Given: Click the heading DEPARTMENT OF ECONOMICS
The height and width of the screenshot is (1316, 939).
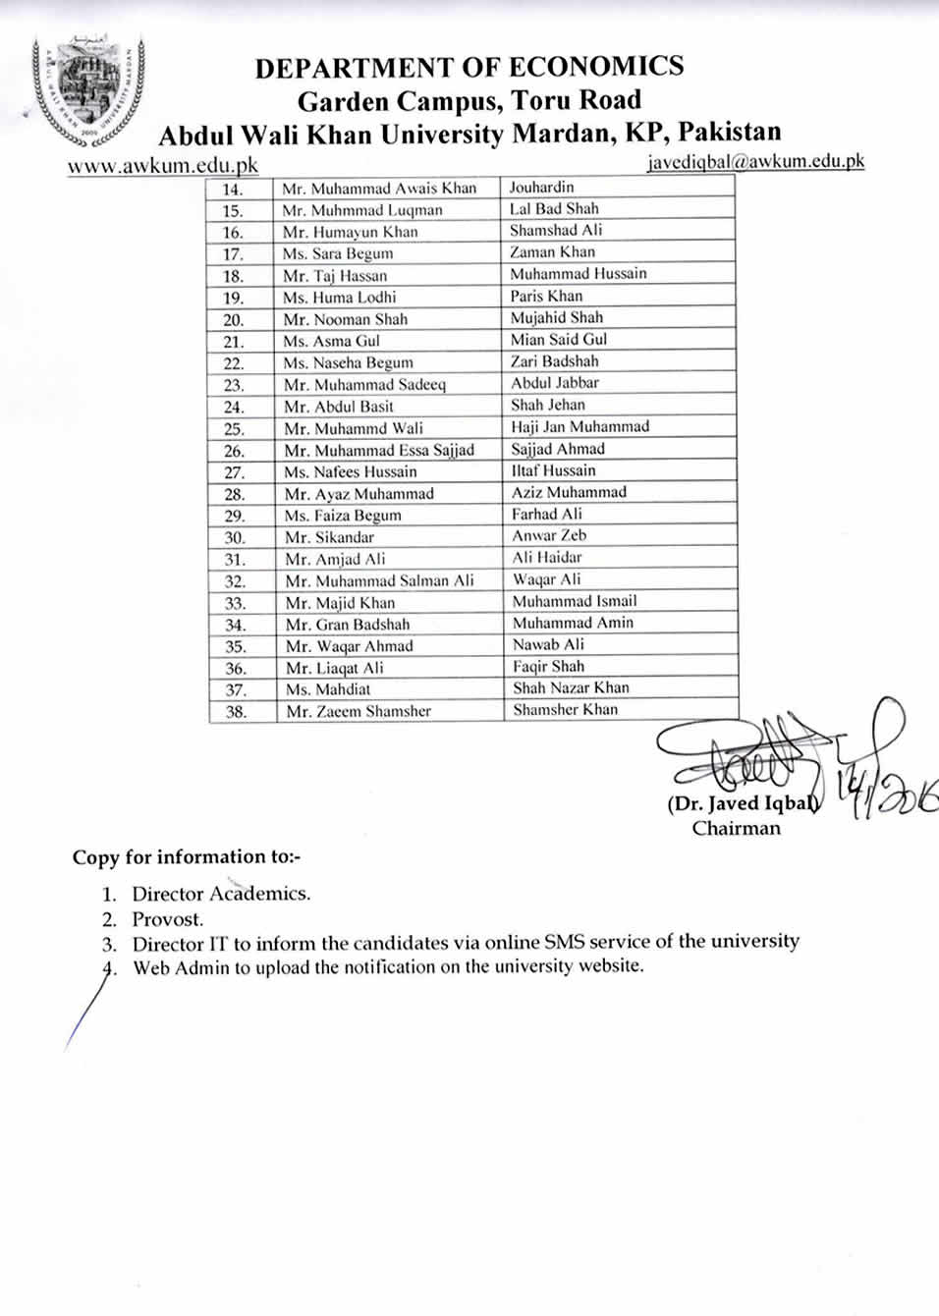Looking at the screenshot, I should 469,67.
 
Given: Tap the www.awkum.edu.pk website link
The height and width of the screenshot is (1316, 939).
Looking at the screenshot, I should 163,165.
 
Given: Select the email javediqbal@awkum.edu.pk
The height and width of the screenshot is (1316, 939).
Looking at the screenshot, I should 755,161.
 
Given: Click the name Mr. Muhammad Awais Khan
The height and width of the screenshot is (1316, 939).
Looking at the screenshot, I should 379,189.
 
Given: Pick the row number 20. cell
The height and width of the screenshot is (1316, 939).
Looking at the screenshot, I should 234,320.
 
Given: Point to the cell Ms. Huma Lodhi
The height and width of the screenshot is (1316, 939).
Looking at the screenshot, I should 340,298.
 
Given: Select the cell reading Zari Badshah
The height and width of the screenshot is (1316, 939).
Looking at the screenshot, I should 554,361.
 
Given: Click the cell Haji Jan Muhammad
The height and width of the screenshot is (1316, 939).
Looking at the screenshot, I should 580,427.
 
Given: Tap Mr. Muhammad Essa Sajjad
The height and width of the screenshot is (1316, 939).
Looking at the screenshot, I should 379,451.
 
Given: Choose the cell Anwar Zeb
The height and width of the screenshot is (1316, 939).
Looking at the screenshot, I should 548,536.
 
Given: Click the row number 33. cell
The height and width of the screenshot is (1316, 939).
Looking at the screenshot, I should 235,604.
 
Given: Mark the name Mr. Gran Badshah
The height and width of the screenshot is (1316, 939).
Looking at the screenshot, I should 348,625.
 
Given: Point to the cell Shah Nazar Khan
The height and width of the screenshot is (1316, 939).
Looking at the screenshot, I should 571,688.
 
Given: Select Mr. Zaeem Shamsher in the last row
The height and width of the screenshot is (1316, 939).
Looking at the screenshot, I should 359,711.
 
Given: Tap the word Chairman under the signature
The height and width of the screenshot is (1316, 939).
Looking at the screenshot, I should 736,828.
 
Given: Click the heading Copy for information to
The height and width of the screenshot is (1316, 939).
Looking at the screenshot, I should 186,857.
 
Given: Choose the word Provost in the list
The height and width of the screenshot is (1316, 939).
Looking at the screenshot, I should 168,920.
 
